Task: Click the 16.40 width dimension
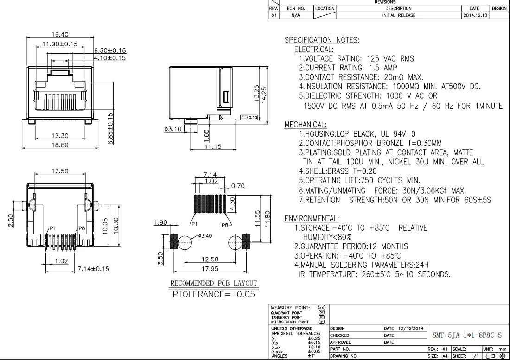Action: point(60,34)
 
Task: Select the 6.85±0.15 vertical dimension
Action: point(111,128)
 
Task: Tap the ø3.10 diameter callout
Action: point(173,129)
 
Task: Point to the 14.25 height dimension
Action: point(264,95)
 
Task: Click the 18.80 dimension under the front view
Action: point(60,145)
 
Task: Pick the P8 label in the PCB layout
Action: point(225,225)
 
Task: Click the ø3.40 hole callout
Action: point(204,236)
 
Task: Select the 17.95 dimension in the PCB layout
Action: point(210,269)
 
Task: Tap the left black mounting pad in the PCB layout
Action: point(174,242)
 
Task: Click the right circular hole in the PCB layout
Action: point(235,242)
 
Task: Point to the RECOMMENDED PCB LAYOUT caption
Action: point(214,284)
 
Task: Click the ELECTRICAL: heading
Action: point(314,50)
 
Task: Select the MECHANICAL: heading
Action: point(306,125)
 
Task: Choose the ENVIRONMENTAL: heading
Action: point(312,218)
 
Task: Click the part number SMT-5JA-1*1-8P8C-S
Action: point(467,335)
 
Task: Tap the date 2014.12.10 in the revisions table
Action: point(475,15)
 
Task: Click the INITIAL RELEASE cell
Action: point(399,15)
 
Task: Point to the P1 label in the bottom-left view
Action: point(53,228)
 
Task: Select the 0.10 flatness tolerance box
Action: point(249,117)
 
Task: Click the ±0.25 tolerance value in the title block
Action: point(314,338)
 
